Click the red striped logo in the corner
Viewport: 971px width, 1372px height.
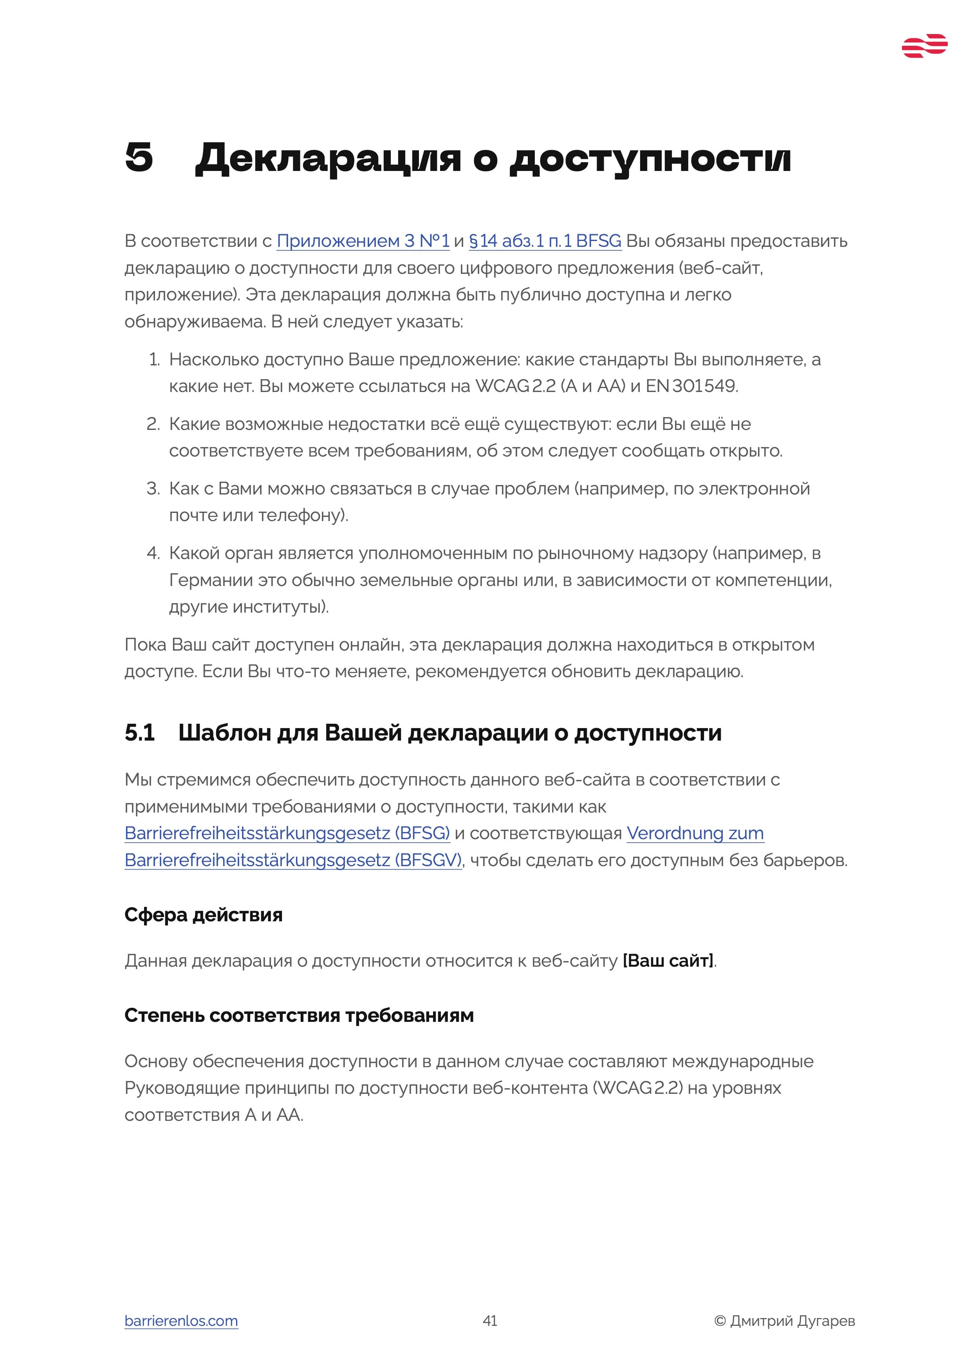(x=924, y=46)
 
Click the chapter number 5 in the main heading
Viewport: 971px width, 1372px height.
(x=139, y=158)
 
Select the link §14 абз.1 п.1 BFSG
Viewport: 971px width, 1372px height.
(x=545, y=241)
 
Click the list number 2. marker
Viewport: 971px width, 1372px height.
(x=153, y=424)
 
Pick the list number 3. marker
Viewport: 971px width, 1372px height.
(x=153, y=488)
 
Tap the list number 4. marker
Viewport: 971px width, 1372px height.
(x=153, y=553)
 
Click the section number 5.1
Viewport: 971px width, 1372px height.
(x=139, y=733)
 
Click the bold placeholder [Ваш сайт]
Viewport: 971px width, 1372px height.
(x=668, y=960)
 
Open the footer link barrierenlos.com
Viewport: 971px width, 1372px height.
(x=181, y=1321)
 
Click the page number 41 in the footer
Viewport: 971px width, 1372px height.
(x=490, y=1321)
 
